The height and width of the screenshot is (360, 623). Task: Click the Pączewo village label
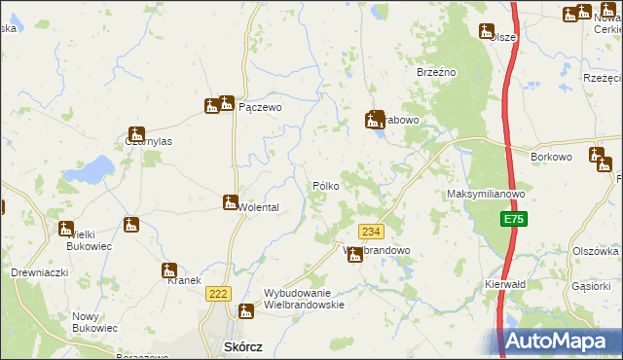tap(260, 109)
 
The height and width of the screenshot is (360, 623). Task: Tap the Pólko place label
tap(325, 185)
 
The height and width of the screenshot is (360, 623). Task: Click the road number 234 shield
tap(371, 232)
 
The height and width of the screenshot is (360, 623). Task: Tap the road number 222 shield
tap(218, 293)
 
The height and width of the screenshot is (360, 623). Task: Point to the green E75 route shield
tap(514, 221)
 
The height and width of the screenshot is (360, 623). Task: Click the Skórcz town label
tap(238, 347)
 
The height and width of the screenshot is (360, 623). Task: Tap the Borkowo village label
tap(551, 156)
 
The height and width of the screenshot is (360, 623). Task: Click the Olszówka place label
tap(596, 250)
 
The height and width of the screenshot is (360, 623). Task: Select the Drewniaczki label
tap(39, 272)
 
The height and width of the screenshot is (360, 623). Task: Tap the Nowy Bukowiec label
tap(94, 322)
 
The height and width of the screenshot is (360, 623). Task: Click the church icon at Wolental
tap(230, 203)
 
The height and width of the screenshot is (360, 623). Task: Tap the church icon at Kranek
tap(168, 270)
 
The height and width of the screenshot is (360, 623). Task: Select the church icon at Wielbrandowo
tap(355, 255)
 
